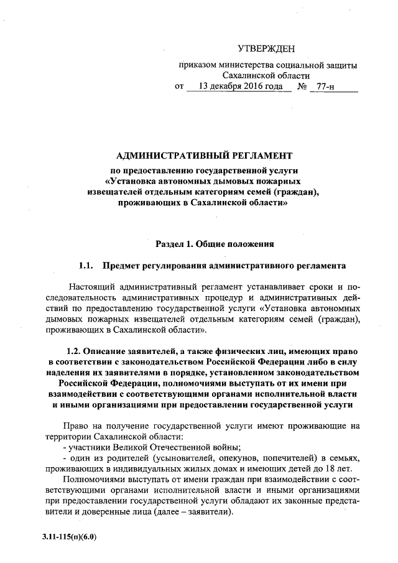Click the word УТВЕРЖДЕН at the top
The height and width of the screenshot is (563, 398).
268,49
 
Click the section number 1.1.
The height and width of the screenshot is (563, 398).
86,266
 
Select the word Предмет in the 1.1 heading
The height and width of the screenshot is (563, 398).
121,266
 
